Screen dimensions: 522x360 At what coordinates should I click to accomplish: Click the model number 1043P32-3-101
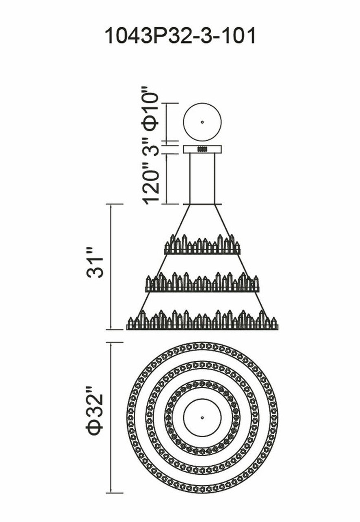[180, 36]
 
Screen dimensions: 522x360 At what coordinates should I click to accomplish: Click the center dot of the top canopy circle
[202, 122]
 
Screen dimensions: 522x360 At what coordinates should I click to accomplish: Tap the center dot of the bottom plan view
[202, 418]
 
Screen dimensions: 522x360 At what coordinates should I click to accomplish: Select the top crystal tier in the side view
[202, 246]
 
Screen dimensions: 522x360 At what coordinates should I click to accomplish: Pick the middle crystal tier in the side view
[202, 283]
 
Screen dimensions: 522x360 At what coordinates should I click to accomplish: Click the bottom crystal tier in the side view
[202, 321]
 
